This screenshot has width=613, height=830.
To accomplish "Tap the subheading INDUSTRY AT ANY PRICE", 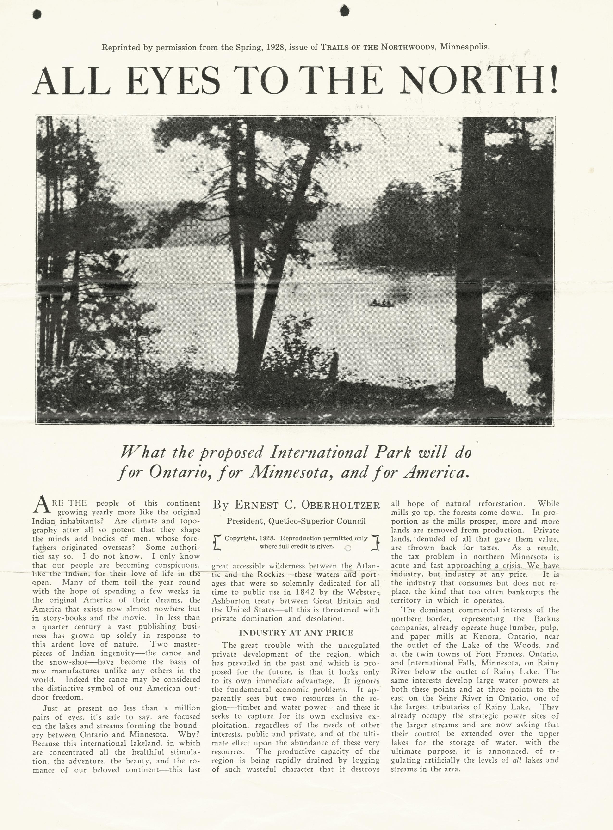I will (296, 632).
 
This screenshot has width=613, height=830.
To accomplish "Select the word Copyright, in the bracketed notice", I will (240, 538).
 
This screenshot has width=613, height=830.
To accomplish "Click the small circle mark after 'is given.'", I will (348, 548).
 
